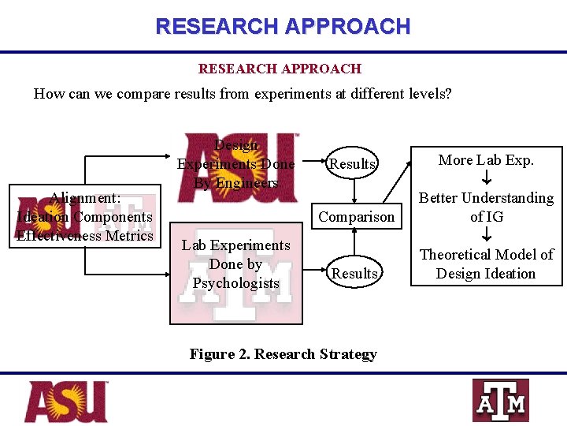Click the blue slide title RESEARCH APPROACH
pos(283,26)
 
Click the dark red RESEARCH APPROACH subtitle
pos(280,69)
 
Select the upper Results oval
pos(352,164)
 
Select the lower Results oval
pos(354,273)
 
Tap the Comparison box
pos(355,217)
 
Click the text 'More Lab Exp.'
pos(486,160)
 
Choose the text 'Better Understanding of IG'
pos(486,207)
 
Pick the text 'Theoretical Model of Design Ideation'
pos(486,263)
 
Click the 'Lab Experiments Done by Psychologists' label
pos(235,263)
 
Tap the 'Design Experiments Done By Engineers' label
pos(235,164)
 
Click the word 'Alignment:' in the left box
pos(84,198)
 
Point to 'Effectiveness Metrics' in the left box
pos(84,235)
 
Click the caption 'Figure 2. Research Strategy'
pos(283,354)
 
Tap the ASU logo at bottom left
pos(66,402)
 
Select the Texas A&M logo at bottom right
pos(500,401)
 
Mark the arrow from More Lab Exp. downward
pos(486,178)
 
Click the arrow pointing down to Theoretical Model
pos(486,234)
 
